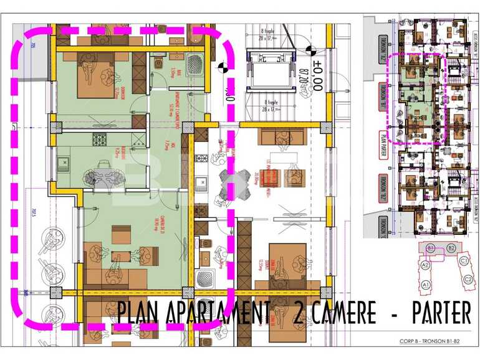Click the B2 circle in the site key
point(451,248)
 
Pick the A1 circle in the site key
point(426,285)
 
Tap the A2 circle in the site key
point(426,265)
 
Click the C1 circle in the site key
point(464,261)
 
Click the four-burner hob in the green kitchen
point(100,140)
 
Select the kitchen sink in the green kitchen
point(64,165)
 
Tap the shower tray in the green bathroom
point(194,64)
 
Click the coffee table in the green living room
point(122,256)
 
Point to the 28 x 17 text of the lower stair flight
point(272,109)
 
